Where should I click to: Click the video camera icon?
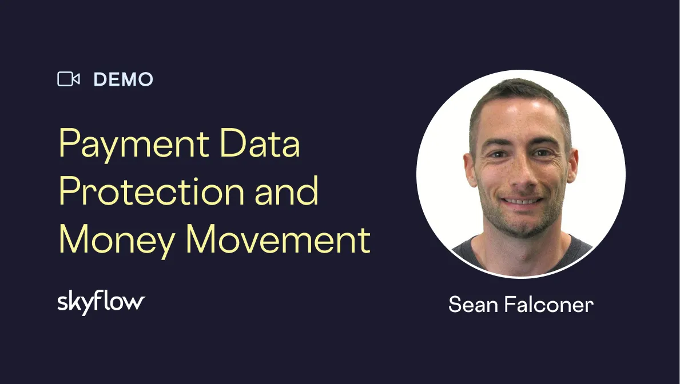click(69, 79)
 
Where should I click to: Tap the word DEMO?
click(124, 79)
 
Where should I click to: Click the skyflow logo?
click(101, 303)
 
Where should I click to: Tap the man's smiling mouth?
click(521, 201)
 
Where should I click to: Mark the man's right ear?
click(470, 167)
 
